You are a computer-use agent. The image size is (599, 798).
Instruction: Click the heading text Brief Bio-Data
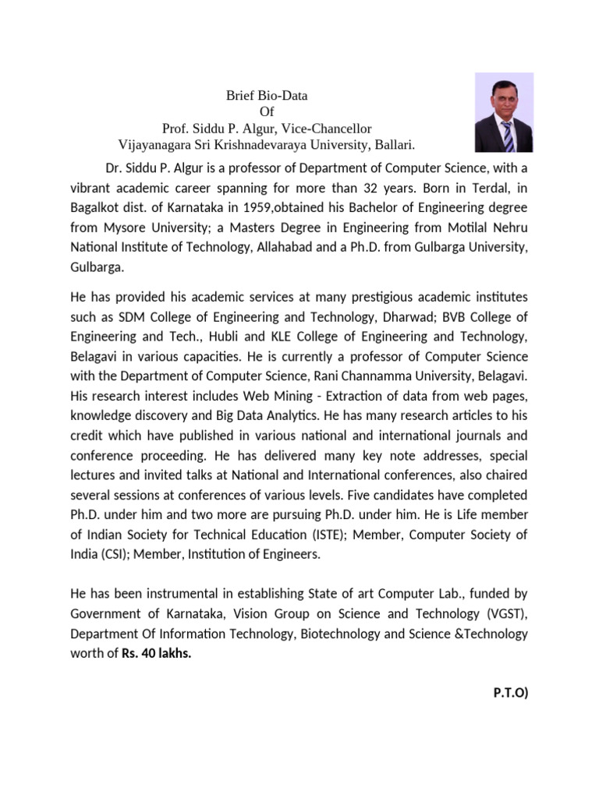click(x=267, y=96)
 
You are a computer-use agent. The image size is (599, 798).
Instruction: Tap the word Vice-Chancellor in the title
click(x=328, y=129)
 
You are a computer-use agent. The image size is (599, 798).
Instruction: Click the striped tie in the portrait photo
click(x=507, y=136)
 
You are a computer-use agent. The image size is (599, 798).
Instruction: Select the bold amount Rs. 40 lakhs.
click(x=156, y=652)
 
